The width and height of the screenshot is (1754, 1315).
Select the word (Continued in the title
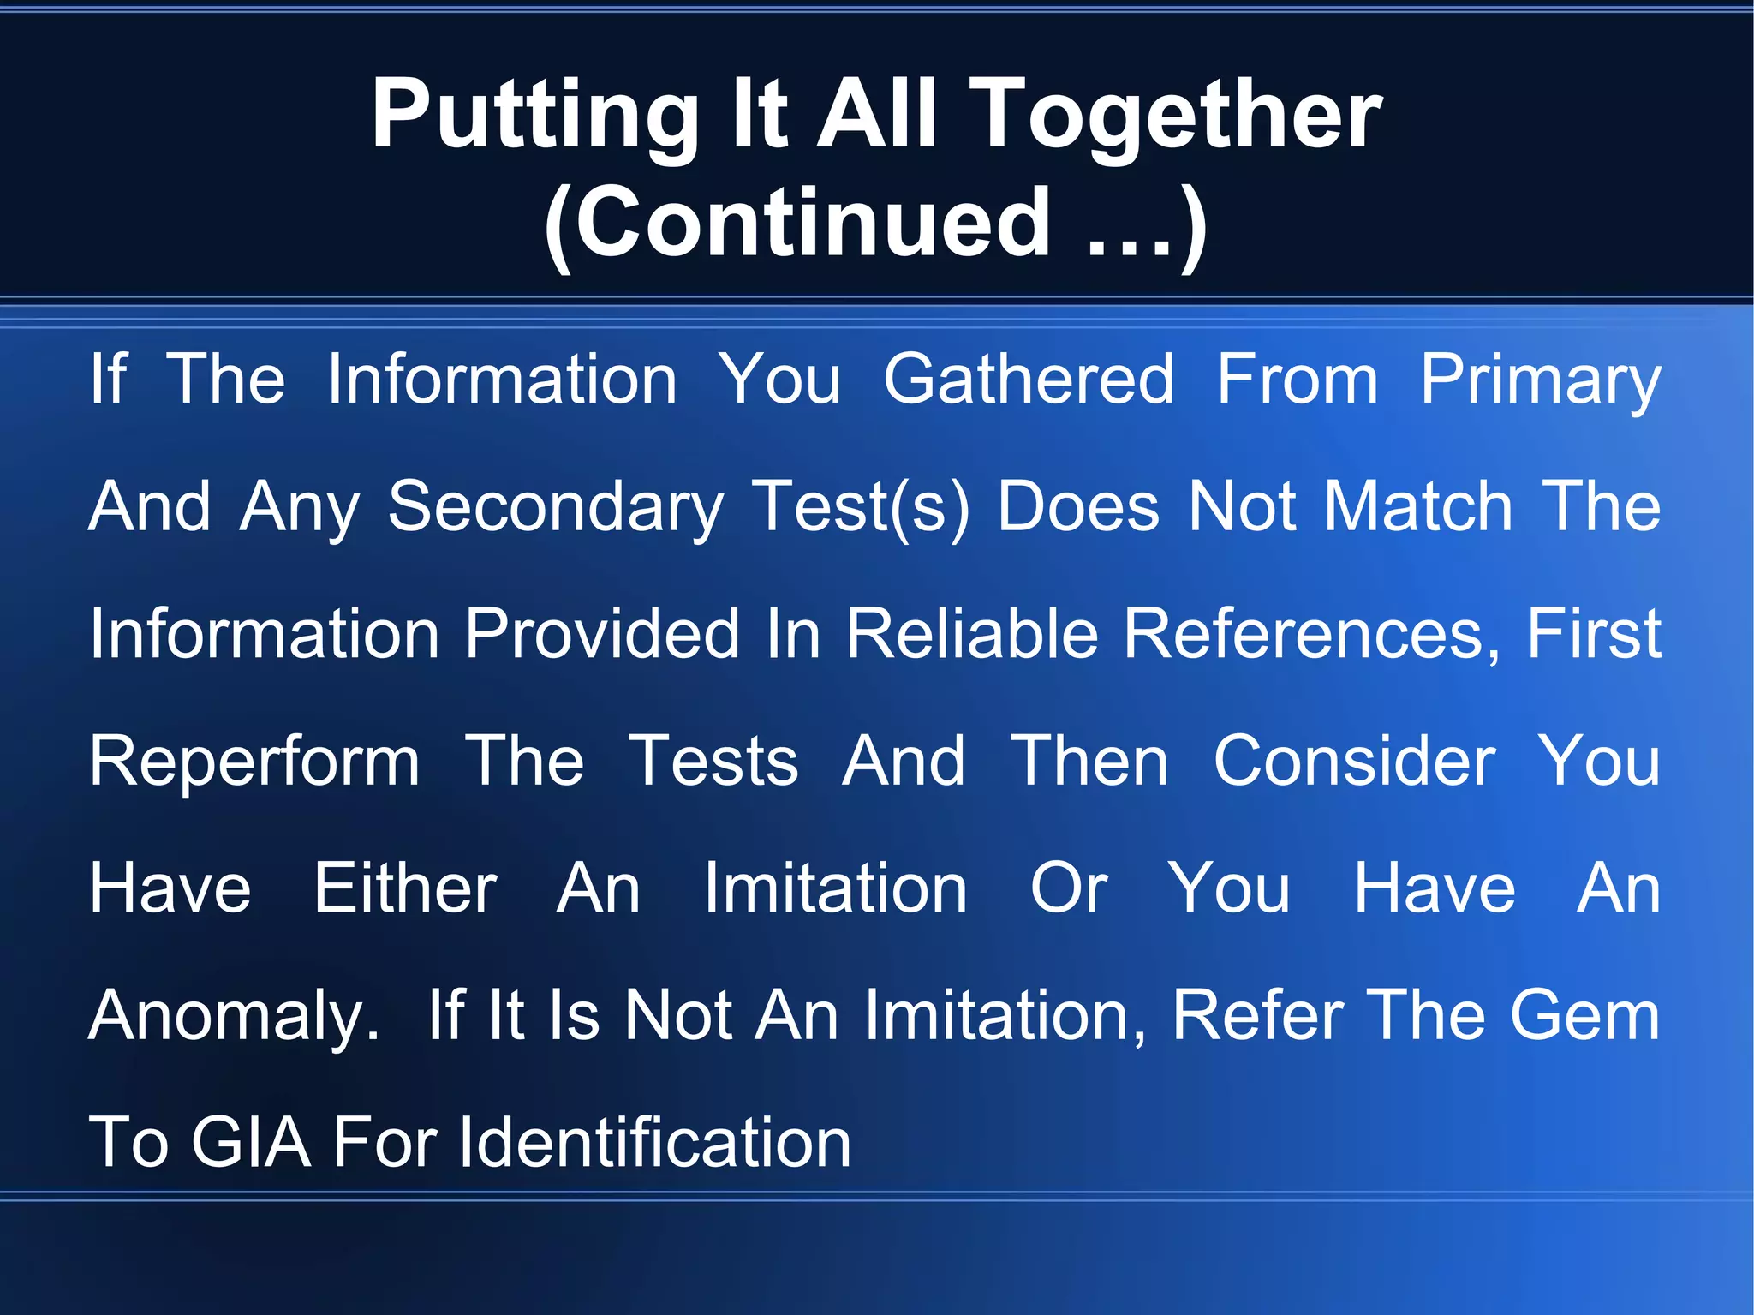pos(796,224)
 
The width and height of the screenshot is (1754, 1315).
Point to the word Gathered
pos(1029,380)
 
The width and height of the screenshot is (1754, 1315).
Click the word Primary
pos(1540,380)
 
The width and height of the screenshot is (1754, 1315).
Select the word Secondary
pos(556,506)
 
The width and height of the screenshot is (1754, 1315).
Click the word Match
pos(1419,506)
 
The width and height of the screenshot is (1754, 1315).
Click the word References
pos(1311,634)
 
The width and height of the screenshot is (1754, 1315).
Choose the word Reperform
pos(254,761)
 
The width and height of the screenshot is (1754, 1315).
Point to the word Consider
pos(1354,761)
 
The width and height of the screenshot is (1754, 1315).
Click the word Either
pos(405,888)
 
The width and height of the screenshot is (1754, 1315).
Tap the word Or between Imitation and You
pos(1068,888)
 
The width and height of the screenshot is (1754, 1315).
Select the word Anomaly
pos(234,1016)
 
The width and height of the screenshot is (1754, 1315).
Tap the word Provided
pos(602,634)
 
